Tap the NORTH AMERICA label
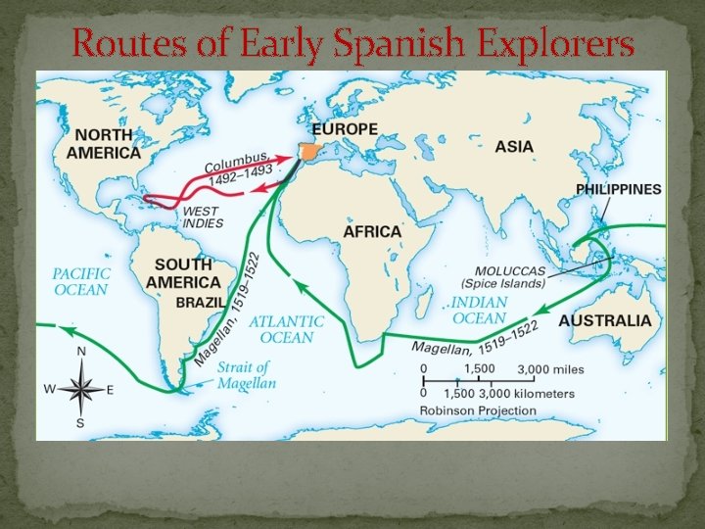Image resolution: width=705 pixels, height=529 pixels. (104, 145)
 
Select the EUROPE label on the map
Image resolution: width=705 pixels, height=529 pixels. (344, 130)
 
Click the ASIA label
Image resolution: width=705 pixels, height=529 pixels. (514, 147)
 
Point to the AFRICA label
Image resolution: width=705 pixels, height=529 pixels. (372, 232)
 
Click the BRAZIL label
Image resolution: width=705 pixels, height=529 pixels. (200, 303)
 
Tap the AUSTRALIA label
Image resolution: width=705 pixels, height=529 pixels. (604, 320)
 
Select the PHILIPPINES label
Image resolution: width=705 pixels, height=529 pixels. (618, 189)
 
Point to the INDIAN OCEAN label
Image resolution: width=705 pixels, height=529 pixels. (479, 311)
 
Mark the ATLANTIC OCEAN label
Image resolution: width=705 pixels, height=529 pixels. (287, 329)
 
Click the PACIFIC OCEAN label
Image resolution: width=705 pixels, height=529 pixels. (81, 282)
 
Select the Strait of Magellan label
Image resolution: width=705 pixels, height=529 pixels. (247, 375)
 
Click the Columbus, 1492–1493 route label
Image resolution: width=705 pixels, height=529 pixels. (239, 171)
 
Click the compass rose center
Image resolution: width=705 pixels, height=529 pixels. (81, 389)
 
